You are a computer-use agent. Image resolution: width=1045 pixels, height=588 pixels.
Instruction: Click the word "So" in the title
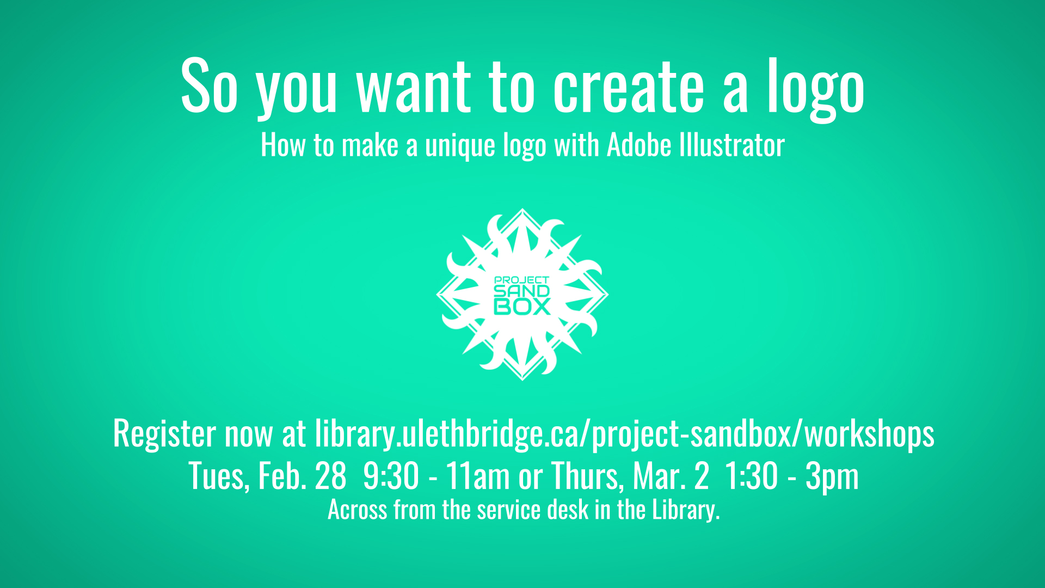tap(210, 86)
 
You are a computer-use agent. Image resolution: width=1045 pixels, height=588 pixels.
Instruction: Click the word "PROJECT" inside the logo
tap(522, 280)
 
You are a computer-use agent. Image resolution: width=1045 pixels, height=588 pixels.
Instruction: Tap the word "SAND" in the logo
tap(522, 291)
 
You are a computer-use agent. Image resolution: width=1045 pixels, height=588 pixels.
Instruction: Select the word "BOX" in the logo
tap(522, 307)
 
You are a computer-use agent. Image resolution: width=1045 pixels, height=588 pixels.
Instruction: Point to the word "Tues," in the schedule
tap(219, 476)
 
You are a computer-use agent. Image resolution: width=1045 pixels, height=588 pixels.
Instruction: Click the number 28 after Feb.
tap(330, 476)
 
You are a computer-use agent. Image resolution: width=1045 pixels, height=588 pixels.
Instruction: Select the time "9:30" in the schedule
tap(391, 476)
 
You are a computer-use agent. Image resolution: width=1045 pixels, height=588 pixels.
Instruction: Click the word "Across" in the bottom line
tap(357, 510)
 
